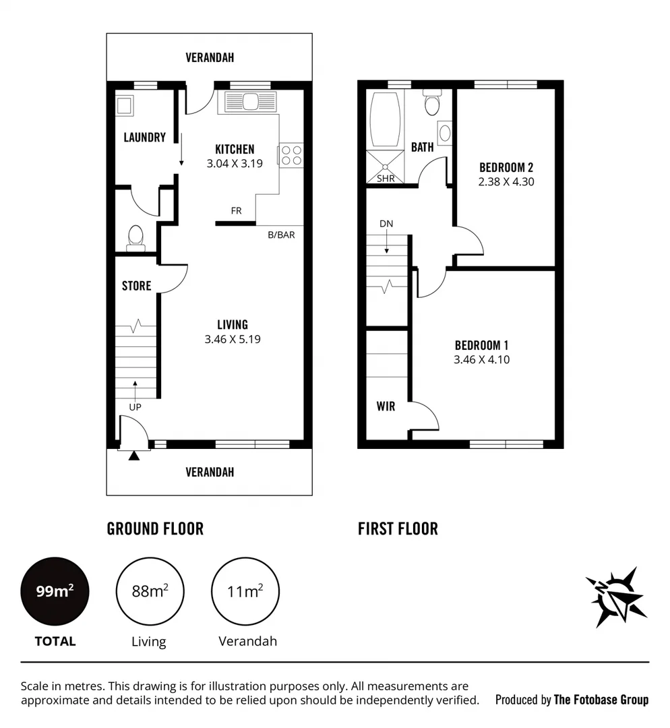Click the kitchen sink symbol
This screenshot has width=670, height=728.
pos(249,102)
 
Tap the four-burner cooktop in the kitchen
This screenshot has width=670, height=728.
pos(291,156)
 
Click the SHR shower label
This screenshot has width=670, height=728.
pos(386,179)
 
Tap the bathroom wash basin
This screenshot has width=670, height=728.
pos(445,133)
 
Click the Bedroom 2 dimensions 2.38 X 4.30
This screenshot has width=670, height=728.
pos(506,181)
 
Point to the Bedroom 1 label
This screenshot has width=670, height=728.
pos(481,345)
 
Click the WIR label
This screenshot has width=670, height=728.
pos(386,406)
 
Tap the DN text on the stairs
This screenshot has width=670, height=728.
pos(386,224)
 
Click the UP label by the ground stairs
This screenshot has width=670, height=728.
pos(134,406)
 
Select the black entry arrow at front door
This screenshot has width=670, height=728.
pos(134,456)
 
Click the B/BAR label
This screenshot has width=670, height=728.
pos(281,235)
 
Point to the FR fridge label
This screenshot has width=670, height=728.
pos(236,211)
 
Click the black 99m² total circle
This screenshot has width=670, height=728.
pos(55,592)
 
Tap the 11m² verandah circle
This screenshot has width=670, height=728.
pos(245,592)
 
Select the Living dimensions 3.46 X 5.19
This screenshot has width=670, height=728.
pos(233,339)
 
